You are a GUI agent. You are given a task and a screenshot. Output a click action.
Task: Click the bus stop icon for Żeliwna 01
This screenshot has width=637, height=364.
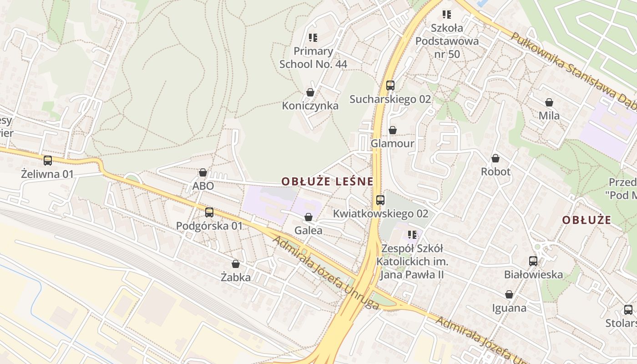(48, 160)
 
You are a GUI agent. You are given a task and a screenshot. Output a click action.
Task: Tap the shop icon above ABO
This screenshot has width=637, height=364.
(203, 172)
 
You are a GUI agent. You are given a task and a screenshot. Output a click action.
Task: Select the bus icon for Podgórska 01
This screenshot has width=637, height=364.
(209, 212)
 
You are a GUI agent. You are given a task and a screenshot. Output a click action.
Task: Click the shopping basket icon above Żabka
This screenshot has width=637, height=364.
(236, 264)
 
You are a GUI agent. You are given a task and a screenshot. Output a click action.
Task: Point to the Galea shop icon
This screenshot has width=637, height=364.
(308, 217)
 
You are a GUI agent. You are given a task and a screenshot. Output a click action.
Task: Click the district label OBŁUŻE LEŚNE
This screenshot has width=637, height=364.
(327, 182)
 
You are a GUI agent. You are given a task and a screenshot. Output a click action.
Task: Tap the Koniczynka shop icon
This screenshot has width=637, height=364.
(310, 92)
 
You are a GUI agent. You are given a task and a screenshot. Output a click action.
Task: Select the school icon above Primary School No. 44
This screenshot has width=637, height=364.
(313, 37)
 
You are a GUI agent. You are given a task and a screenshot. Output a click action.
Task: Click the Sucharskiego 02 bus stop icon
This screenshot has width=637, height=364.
(390, 85)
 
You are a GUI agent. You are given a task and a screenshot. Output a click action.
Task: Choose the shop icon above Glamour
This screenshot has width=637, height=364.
(393, 130)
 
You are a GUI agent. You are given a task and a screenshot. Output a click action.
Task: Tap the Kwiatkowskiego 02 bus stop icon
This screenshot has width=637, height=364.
(380, 200)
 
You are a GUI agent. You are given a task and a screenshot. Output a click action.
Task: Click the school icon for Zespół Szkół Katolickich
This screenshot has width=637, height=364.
(412, 235)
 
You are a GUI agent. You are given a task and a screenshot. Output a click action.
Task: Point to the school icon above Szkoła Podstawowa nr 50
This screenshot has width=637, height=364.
(447, 15)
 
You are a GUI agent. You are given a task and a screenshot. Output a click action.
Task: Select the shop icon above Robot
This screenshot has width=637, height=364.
(495, 158)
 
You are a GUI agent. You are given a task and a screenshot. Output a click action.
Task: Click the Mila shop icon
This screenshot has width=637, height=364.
(549, 102)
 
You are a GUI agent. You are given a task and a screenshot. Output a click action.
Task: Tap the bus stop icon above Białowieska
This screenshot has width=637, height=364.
(533, 261)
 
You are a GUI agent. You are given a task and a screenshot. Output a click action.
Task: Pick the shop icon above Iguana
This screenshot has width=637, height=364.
(509, 294)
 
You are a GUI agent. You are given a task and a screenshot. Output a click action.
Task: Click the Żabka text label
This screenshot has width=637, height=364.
(236, 277)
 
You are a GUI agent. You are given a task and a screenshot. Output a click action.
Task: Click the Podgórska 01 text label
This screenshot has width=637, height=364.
(209, 226)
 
